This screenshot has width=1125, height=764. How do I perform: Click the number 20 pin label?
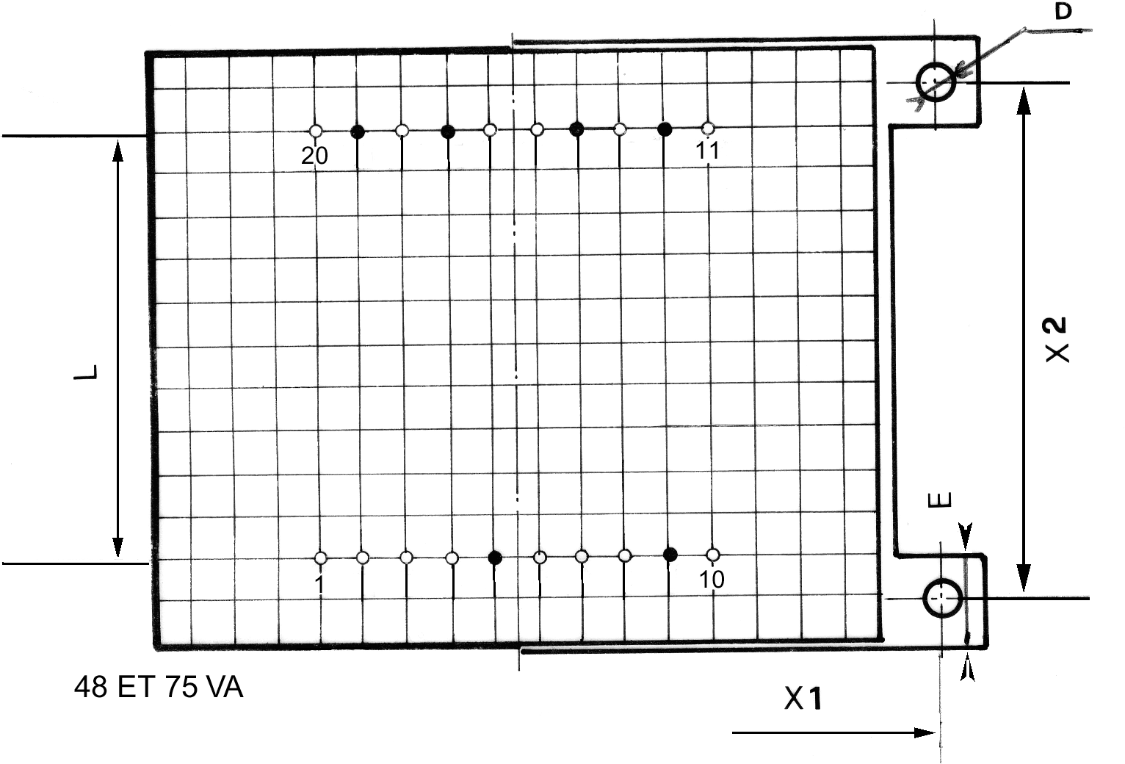click(x=314, y=156)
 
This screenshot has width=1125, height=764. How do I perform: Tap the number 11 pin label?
click(x=708, y=150)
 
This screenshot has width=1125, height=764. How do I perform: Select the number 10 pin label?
click(x=712, y=579)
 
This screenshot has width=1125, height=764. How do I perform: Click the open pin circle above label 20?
click(x=316, y=131)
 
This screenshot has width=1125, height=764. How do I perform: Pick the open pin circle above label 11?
click(x=708, y=129)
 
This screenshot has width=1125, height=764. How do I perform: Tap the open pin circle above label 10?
click(x=712, y=555)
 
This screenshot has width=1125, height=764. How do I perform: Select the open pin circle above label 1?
click(x=320, y=558)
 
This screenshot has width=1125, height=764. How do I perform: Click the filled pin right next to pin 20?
click(x=358, y=131)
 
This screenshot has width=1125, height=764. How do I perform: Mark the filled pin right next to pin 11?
click(x=665, y=129)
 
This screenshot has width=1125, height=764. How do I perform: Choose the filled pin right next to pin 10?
click(x=670, y=555)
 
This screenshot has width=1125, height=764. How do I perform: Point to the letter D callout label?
click(x=1063, y=11)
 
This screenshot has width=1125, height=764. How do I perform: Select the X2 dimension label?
click(x=1057, y=339)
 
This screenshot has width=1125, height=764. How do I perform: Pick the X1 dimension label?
click(x=803, y=699)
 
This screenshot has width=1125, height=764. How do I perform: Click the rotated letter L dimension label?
click(x=85, y=372)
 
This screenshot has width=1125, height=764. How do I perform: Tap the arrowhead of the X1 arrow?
click(x=925, y=733)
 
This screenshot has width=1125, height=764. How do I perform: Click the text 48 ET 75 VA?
click(x=159, y=687)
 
